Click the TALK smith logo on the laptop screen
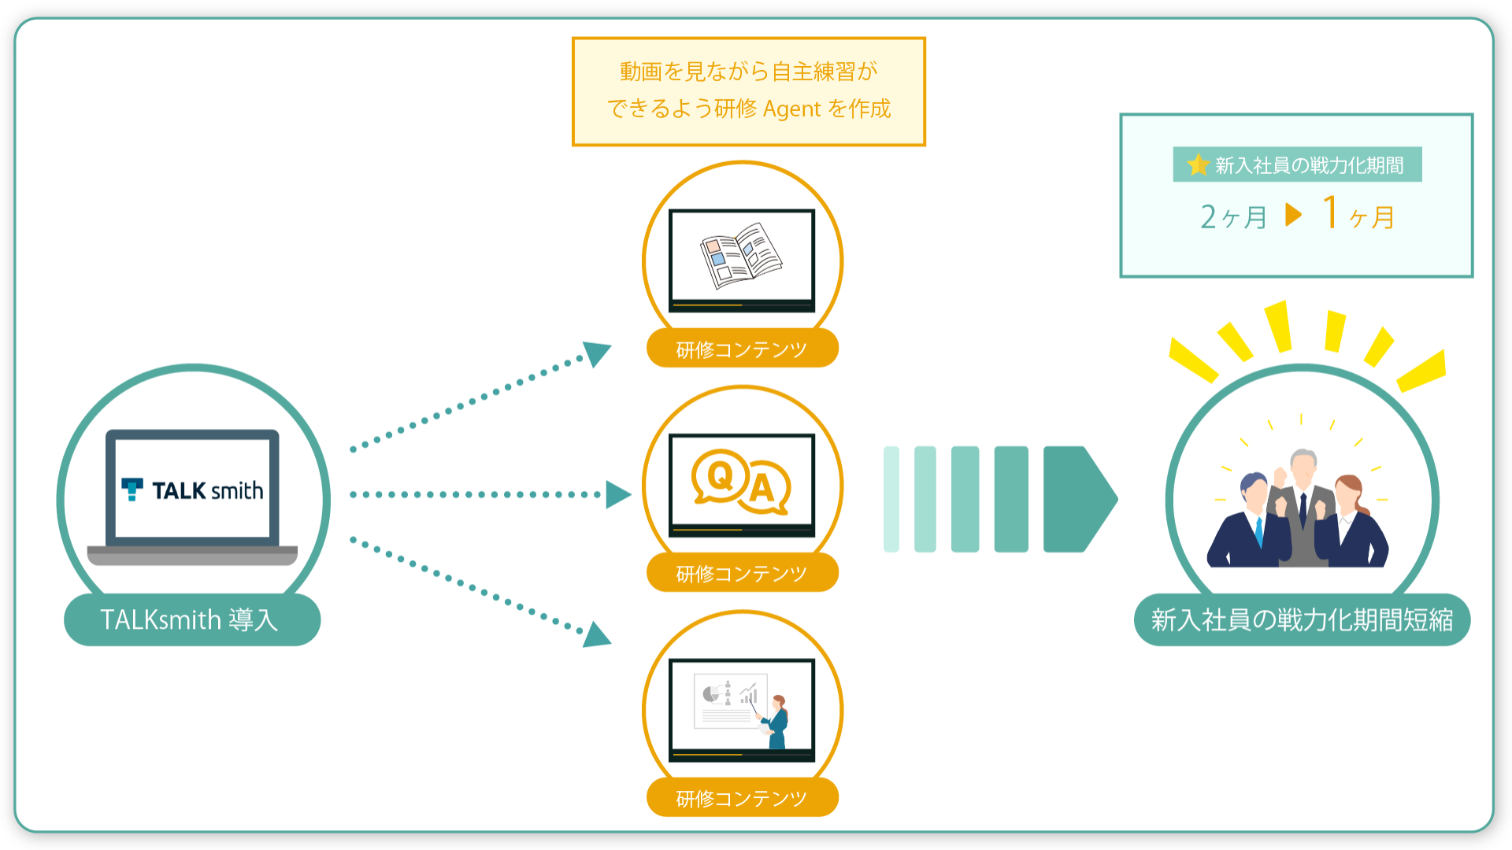tap(192, 490)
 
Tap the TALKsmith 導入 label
tap(191, 620)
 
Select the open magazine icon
tap(740, 255)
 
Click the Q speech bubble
tap(721, 476)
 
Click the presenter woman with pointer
tap(776, 720)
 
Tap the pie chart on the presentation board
tap(711, 693)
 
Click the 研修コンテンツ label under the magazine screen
tap(742, 349)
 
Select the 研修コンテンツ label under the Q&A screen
tap(742, 573)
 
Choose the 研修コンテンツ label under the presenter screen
tap(742, 798)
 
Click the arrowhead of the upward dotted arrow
tap(598, 353)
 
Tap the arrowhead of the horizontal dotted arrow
tap(618, 494)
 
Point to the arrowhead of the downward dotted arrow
tap(598, 634)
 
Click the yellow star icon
tap(1198, 164)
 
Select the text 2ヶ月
tap(1233, 216)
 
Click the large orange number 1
tap(1330, 213)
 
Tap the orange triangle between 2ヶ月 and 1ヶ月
tap(1293, 214)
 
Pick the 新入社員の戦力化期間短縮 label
tap(1302, 620)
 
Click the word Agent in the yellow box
tap(791, 109)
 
